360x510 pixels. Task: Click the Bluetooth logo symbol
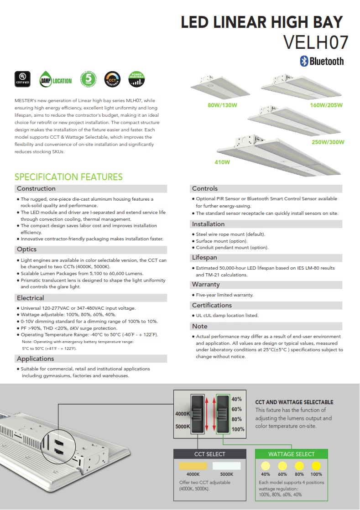click(304, 61)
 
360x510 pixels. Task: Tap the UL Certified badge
click(22, 79)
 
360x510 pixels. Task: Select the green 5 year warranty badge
click(89, 79)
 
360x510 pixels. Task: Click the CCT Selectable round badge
click(112, 79)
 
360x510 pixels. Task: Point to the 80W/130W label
click(223, 105)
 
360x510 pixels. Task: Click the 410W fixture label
click(222, 162)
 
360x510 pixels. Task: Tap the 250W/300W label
click(328, 142)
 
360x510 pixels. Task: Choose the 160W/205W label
click(326, 105)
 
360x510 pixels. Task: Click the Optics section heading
click(26, 250)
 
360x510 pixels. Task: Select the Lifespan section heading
click(204, 258)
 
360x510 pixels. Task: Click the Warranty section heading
click(206, 285)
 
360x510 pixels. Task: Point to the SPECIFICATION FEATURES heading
click(68, 177)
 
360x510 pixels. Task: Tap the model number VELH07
click(316, 42)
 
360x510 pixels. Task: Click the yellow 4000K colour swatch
click(193, 466)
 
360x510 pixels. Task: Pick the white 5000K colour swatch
click(227, 466)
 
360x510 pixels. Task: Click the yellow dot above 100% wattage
click(316, 466)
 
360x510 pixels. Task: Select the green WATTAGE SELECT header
click(292, 454)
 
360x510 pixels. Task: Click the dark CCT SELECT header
click(210, 454)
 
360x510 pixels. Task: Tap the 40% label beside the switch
click(236, 399)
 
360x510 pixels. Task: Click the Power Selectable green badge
click(136, 79)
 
